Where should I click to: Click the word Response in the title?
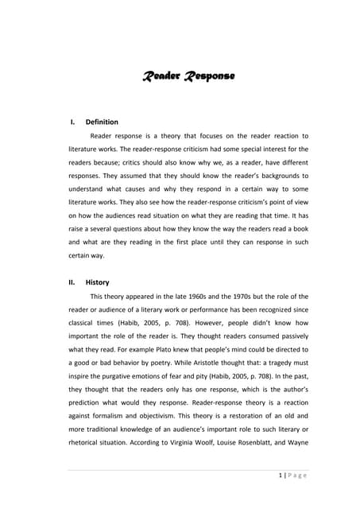click(209, 76)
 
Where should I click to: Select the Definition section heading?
click(102, 122)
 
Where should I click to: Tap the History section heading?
click(97, 282)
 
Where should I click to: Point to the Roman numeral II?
click(72, 282)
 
